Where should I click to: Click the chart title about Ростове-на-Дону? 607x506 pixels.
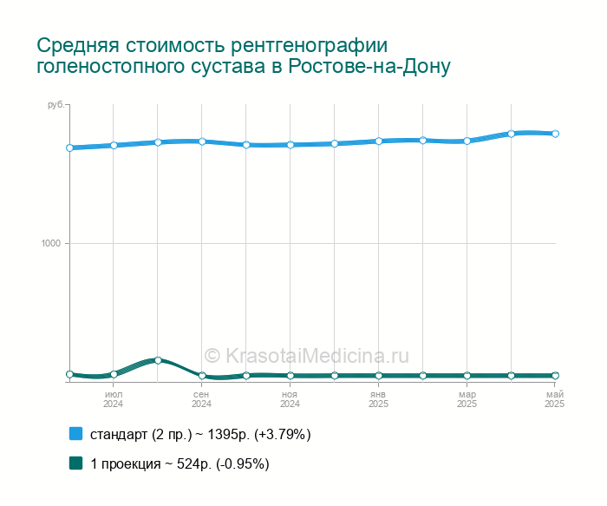click(244, 56)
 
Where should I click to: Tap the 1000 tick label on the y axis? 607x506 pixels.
click(51, 243)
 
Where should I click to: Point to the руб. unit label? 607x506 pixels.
click(57, 105)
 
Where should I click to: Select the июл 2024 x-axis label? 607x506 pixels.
click(114, 399)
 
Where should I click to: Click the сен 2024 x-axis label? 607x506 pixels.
click(201, 399)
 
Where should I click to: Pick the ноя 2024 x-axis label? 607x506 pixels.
click(290, 399)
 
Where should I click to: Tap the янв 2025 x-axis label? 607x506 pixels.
click(378, 399)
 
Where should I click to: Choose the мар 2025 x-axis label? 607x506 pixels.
click(467, 399)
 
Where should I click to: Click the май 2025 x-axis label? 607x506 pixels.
click(555, 399)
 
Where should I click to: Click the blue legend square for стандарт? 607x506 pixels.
click(76, 434)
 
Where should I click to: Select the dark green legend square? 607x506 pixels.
click(76, 463)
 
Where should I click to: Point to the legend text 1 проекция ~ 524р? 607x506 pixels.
click(151, 463)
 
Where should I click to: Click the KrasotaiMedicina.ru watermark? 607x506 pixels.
click(306, 355)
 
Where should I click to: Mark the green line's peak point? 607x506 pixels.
click(158, 360)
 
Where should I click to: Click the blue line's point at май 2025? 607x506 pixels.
click(555, 134)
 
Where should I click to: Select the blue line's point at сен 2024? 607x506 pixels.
click(202, 141)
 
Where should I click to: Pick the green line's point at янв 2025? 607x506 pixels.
click(379, 376)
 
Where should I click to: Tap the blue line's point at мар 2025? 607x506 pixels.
click(467, 141)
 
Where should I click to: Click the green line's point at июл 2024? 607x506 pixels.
click(114, 374)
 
